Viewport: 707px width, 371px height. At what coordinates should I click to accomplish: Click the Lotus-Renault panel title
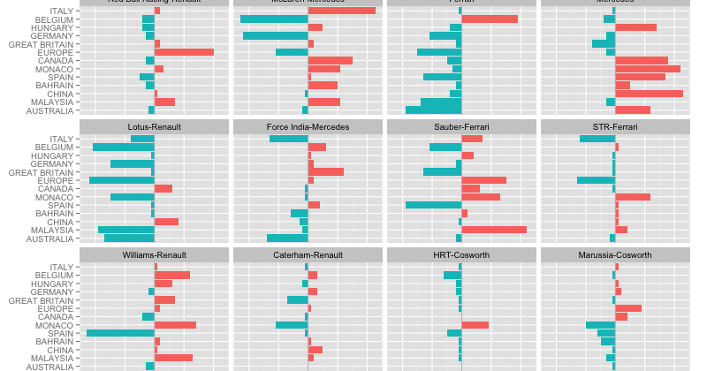tap(154, 127)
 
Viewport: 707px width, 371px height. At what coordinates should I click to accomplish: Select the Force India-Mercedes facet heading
tap(308, 127)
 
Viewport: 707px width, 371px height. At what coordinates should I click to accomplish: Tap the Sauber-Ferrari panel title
tap(461, 127)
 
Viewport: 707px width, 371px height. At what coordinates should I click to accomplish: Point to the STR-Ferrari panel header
tap(615, 127)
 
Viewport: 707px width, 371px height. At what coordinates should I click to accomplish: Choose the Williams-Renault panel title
tap(154, 255)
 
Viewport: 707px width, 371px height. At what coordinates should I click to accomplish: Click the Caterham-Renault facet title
tap(308, 255)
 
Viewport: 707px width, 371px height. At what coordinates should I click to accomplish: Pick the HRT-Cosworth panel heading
tap(461, 255)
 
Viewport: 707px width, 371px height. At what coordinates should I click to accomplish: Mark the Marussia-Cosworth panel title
tap(615, 255)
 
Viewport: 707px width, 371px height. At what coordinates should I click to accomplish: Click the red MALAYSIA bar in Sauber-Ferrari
tap(494, 230)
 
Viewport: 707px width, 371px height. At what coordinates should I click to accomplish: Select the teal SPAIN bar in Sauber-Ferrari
tap(433, 205)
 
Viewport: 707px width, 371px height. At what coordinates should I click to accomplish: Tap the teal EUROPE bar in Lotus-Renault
tap(122, 180)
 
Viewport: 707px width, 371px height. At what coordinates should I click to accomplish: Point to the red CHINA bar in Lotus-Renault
tap(166, 222)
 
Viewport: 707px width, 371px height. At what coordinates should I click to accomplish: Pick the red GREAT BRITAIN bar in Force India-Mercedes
tap(326, 171)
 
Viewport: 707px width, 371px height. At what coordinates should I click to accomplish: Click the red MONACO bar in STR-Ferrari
tap(633, 197)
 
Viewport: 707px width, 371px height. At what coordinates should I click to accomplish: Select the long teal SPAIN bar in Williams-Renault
tap(120, 333)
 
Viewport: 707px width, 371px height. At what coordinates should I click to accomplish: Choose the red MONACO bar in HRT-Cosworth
tap(475, 325)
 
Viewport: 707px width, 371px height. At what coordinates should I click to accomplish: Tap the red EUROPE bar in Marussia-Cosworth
tap(628, 308)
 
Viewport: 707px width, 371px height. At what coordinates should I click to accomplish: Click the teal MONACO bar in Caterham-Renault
tap(292, 325)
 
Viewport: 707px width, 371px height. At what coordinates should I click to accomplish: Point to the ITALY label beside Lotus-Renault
tap(62, 140)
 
